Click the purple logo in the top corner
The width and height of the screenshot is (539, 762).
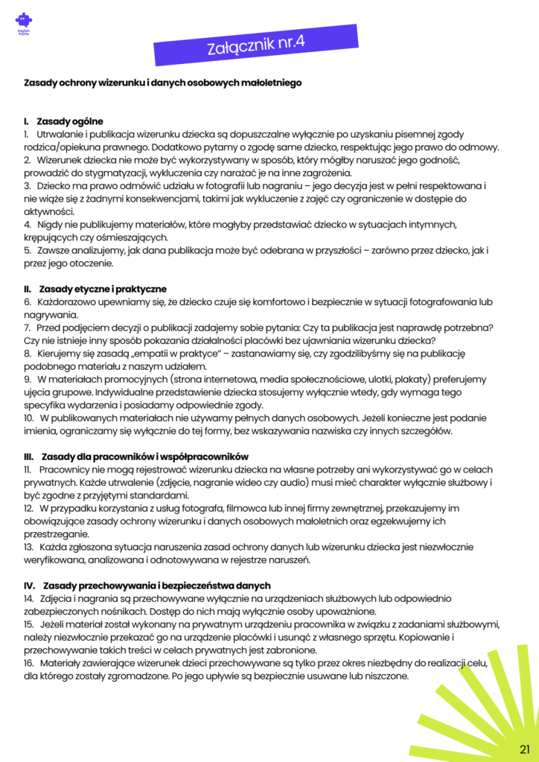coord(24,23)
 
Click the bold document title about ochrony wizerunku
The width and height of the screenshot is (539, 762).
coord(163,83)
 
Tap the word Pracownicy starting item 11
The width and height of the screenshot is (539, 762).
coord(66,470)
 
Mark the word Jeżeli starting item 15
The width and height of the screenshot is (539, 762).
coord(56,624)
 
